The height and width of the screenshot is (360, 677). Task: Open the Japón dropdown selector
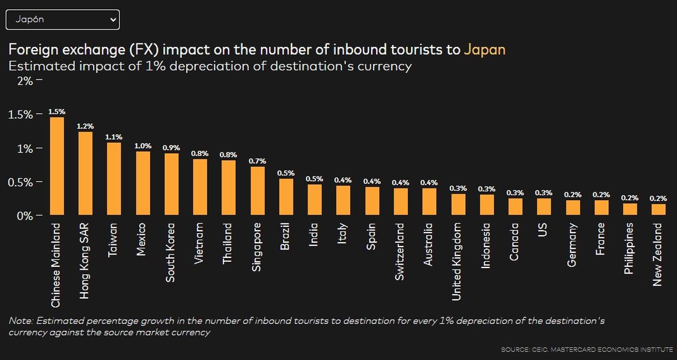click(x=62, y=19)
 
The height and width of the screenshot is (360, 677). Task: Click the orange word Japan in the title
click(x=484, y=50)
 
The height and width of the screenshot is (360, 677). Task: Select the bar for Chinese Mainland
click(x=57, y=166)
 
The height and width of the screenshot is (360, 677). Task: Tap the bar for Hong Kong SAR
click(x=86, y=174)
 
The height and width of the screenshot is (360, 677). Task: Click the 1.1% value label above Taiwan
click(x=114, y=137)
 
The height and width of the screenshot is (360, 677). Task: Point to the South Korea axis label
click(x=172, y=252)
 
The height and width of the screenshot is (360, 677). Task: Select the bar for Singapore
click(x=257, y=191)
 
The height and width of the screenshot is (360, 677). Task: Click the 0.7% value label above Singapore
click(x=257, y=161)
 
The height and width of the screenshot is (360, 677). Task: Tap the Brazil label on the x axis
click(x=286, y=238)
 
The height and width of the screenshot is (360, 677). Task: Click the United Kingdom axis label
click(x=458, y=261)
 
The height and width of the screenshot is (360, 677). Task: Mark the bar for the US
click(x=544, y=207)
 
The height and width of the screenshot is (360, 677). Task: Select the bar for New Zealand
click(x=658, y=209)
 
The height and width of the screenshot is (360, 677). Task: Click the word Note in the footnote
click(x=21, y=321)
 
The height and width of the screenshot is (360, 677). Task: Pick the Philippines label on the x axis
click(x=630, y=248)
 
